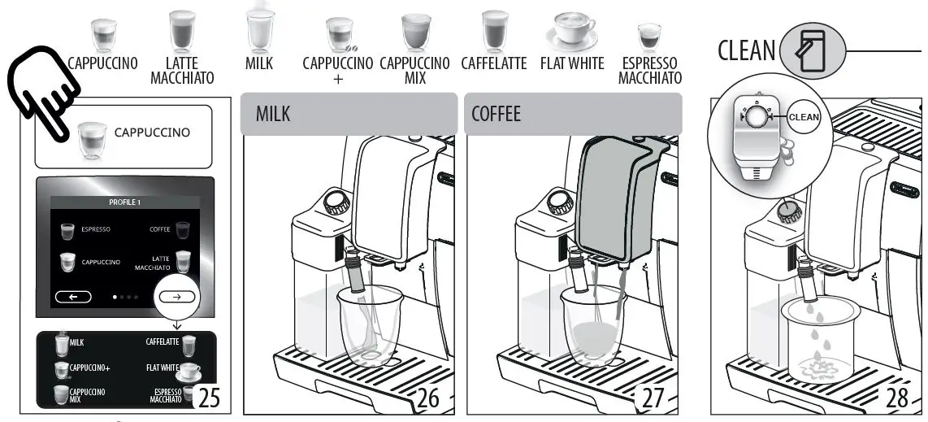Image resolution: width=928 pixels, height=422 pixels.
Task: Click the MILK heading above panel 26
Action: point(273,114)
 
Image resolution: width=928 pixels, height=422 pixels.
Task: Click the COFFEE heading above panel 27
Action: point(496,114)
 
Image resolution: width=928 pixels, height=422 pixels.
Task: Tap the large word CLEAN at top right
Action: point(746,50)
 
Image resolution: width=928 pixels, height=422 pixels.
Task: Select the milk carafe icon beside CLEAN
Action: point(812,51)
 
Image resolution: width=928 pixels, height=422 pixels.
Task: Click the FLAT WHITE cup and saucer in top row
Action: point(570,32)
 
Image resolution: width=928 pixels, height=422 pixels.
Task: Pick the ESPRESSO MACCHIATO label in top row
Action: point(649,71)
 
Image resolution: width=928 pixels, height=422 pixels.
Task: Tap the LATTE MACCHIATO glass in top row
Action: point(182,33)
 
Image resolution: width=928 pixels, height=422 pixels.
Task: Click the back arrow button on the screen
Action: point(73,297)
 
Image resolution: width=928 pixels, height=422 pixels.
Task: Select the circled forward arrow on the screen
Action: point(176,297)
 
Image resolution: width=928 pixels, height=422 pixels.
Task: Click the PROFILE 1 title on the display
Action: point(124,201)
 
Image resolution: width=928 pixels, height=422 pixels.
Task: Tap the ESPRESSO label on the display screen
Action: point(96,230)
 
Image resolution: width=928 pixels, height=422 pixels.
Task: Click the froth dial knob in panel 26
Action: point(336,202)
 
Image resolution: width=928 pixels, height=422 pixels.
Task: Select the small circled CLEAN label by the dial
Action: point(804,117)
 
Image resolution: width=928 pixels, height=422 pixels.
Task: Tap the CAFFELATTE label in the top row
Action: point(493,63)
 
